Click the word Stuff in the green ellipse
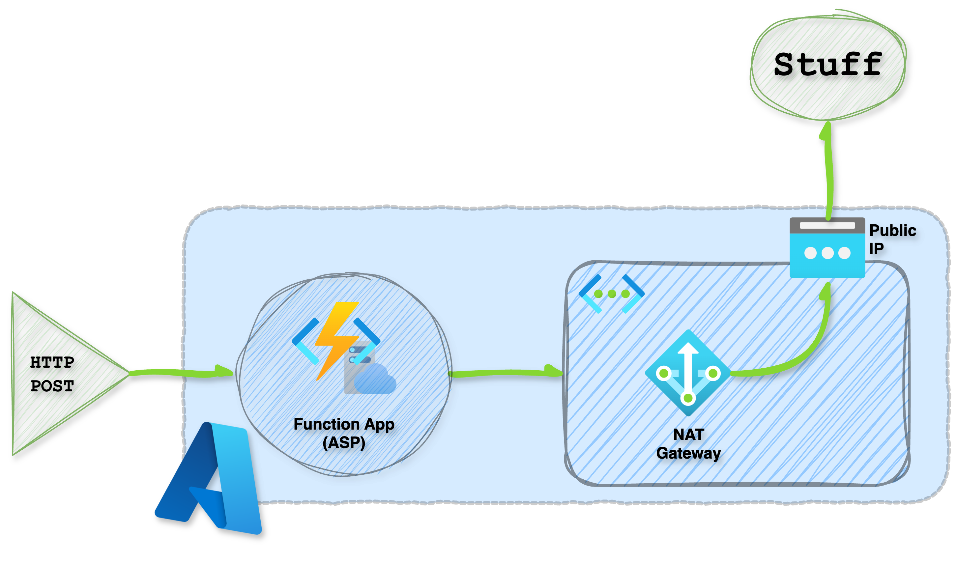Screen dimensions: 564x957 (x=828, y=64)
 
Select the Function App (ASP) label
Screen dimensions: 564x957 (x=344, y=433)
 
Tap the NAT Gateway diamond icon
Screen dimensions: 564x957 (x=688, y=373)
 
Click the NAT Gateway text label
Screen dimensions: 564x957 (x=688, y=444)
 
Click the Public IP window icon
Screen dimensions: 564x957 (x=827, y=247)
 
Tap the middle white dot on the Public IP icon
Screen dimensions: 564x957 (x=827, y=253)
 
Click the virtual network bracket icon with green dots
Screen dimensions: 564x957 (x=612, y=294)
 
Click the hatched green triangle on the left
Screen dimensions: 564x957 (x=49, y=373)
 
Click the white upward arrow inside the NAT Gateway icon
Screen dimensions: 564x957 (x=688, y=365)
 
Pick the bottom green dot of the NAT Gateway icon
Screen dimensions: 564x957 (x=688, y=398)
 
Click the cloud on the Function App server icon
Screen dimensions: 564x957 (x=374, y=380)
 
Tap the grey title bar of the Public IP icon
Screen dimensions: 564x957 (x=827, y=225)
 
